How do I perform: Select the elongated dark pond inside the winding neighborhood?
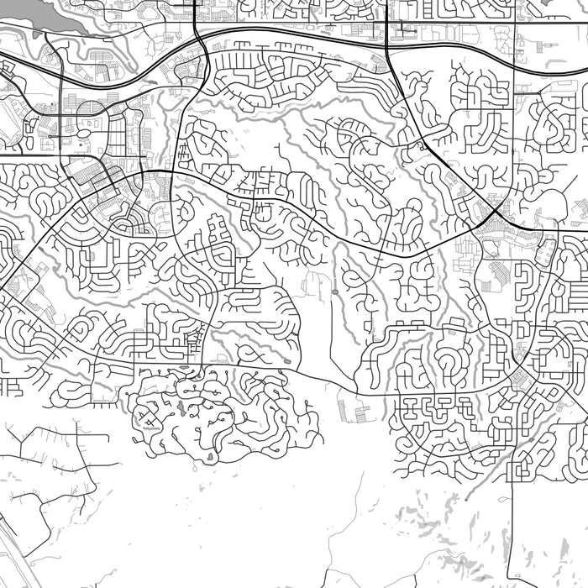click(x=179, y=409)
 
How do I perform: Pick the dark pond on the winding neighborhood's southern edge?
click(x=208, y=457)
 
